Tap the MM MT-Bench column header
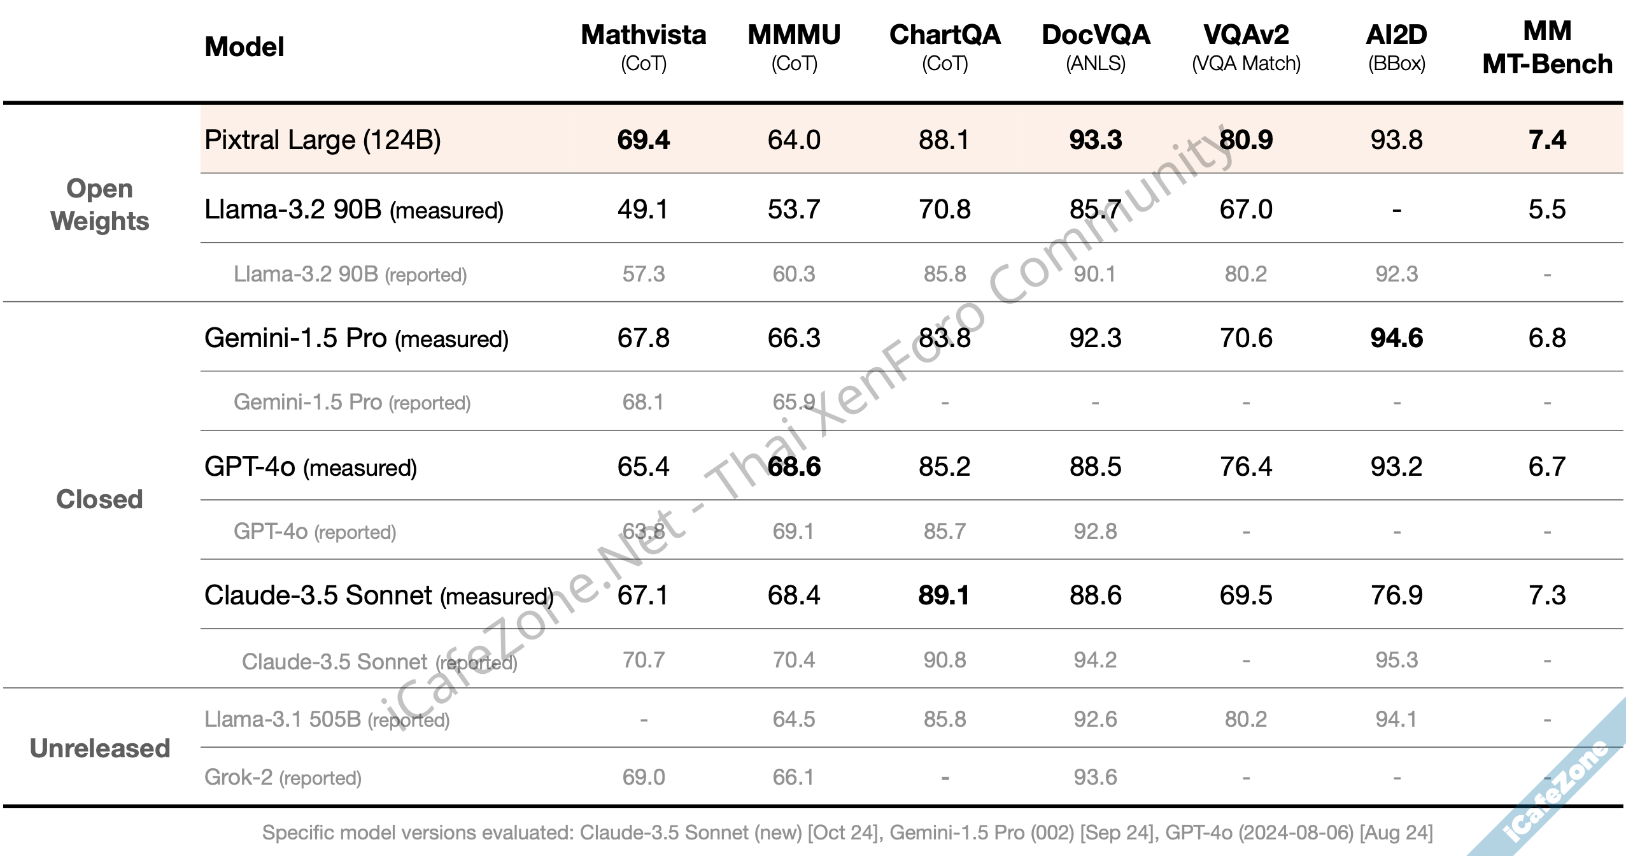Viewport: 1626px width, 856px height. coord(1547,48)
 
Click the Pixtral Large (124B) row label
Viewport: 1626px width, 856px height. coord(322,140)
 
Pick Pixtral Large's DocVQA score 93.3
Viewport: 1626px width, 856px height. coord(1095,140)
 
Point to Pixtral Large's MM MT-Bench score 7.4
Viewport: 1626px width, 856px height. coord(1547,140)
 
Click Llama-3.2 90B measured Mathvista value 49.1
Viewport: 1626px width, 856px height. coord(643,210)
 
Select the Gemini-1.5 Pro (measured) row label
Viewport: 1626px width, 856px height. coord(356,338)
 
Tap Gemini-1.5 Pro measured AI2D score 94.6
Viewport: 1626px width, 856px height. coord(1396,338)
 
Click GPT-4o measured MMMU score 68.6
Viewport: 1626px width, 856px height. coord(794,467)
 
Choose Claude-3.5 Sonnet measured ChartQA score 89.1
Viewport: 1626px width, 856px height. coord(944,596)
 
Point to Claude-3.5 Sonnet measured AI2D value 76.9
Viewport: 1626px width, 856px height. coord(1396,596)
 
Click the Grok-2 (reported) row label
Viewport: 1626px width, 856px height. coord(283,778)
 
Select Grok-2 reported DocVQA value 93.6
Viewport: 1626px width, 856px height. coord(1095,778)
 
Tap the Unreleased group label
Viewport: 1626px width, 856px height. coord(100,748)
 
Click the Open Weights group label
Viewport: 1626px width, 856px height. coord(100,204)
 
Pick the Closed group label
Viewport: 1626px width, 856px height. coord(99,499)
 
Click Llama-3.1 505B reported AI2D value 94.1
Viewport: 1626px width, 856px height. coord(1396,720)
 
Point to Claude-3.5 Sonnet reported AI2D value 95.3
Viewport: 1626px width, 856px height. coord(1396,660)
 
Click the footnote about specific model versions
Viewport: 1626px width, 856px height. coord(847,833)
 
